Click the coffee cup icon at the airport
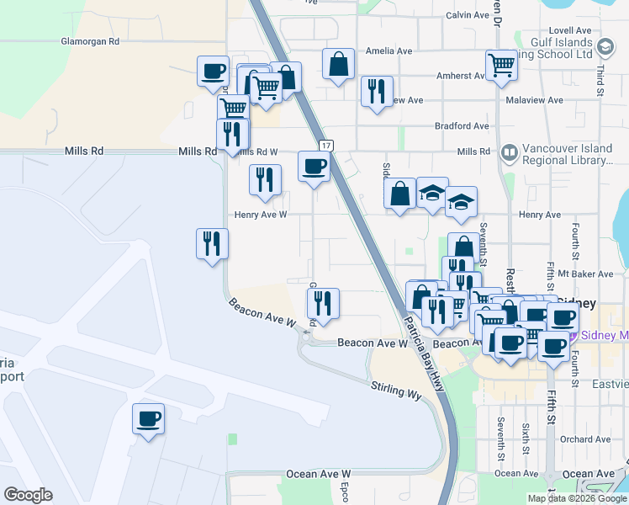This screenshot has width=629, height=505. (148, 418)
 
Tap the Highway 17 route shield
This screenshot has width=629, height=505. (327, 146)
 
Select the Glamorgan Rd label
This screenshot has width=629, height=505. (90, 41)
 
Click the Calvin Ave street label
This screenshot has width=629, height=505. (468, 15)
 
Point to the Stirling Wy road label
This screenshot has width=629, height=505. (396, 388)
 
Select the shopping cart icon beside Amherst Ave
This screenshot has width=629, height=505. (501, 65)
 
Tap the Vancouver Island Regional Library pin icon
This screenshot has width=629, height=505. (508, 153)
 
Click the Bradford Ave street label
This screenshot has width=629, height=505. (462, 126)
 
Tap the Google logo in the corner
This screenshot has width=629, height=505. (28, 495)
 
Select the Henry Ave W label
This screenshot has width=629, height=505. (261, 215)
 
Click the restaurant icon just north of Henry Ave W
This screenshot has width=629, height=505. (265, 179)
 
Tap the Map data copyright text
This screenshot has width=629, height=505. (576, 498)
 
